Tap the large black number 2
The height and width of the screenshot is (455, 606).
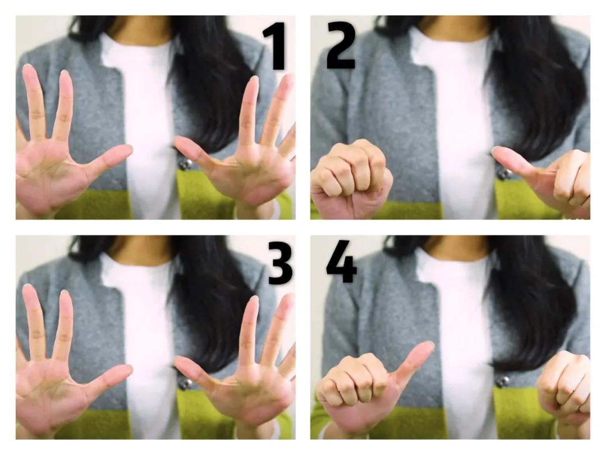pyautogui.click(x=341, y=46)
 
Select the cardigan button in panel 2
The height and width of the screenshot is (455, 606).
pyautogui.click(x=503, y=174)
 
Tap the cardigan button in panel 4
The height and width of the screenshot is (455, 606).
pyautogui.click(x=503, y=381)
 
